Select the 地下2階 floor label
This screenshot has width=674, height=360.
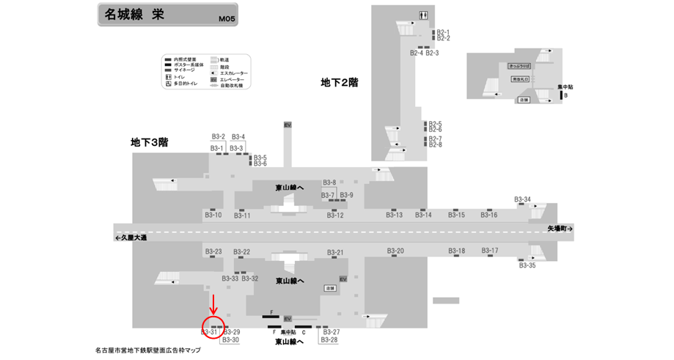(x=339, y=83)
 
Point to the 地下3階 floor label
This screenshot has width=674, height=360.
(x=149, y=142)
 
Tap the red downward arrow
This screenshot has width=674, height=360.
(x=213, y=304)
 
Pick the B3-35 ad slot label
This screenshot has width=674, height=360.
(x=527, y=265)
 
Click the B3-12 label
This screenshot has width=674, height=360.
(x=335, y=215)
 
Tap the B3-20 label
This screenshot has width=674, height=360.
(x=395, y=251)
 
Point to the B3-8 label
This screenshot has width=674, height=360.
(x=329, y=183)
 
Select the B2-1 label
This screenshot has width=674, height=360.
(x=443, y=32)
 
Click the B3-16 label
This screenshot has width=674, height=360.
(x=489, y=215)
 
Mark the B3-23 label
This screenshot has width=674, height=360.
(x=213, y=251)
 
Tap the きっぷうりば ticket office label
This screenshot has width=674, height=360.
(x=518, y=66)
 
